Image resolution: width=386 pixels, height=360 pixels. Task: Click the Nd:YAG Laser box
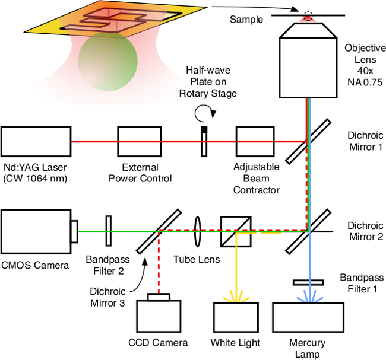[36, 142]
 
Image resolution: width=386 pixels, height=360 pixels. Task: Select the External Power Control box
[140, 142]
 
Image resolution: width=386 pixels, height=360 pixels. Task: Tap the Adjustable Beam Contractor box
[254, 142]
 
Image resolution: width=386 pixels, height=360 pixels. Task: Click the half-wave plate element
[204, 141]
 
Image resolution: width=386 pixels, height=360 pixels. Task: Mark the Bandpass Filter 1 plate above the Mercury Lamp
[308, 282]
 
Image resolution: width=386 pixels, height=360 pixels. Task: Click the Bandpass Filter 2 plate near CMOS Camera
[109, 230]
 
